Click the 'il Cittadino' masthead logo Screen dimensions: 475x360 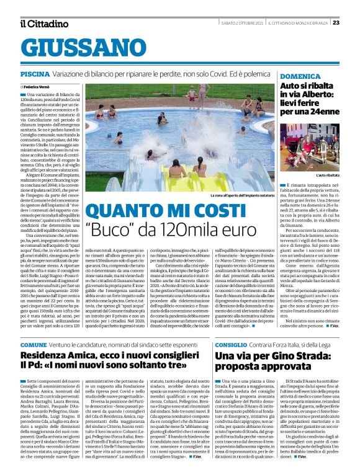click(x=43, y=24)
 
